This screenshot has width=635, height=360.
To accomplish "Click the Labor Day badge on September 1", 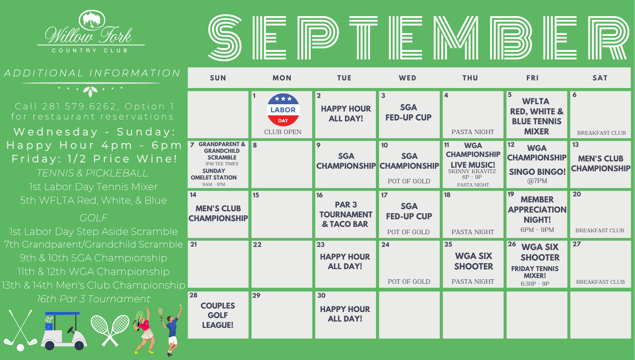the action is (x=283, y=110).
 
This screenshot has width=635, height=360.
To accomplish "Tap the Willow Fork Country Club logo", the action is (x=91, y=32).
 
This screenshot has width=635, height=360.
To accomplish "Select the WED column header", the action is (x=408, y=78).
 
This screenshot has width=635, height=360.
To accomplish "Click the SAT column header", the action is (x=600, y=78).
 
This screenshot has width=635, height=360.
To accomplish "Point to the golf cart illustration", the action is (x=64, y=330).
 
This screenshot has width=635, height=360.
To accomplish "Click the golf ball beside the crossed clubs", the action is (x=20, y=348).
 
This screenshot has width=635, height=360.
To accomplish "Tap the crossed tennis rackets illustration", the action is (x=110, y=330).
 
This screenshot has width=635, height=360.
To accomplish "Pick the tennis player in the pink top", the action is (x=144, y=330).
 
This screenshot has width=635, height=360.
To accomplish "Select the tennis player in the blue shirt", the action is (x=170, y=330).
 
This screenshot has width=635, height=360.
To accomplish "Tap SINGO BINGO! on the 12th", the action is (x=537, y=172).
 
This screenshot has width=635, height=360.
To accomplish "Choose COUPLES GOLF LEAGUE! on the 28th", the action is (x=218, y=315).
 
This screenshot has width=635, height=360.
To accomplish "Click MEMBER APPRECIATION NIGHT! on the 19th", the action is (x=537, y=209).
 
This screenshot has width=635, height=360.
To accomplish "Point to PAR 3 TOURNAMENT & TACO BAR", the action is (x=346, y=214).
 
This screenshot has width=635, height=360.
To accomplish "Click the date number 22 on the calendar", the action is (x=257, y=245).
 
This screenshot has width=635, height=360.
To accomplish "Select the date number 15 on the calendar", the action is (x=256, y=195).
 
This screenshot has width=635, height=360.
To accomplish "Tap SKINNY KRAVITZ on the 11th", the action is (x=472, y=171).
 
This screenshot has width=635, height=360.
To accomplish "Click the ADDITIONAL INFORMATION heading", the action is (x=92, y=73).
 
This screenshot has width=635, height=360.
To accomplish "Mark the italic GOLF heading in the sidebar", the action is (x=94, y=218).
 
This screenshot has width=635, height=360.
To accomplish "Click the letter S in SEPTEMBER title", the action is (x=225, y=37).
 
